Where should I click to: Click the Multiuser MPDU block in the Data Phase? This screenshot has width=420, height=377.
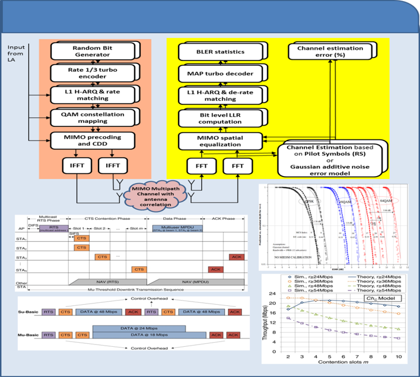point(176,229)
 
